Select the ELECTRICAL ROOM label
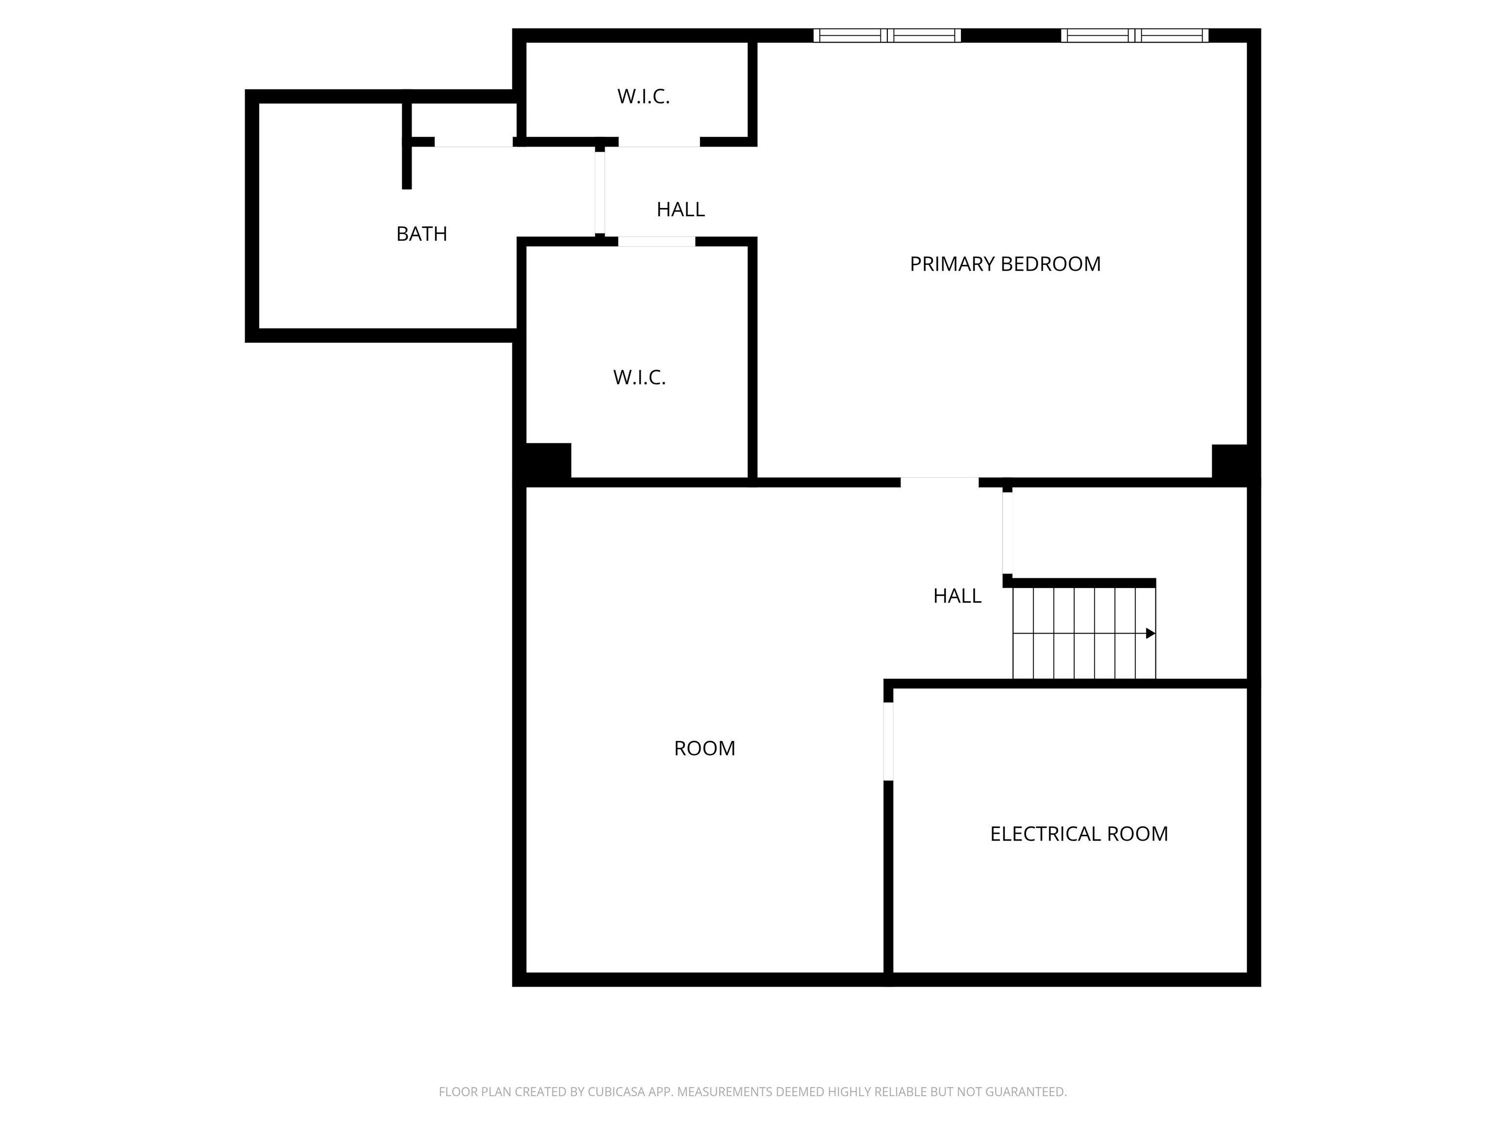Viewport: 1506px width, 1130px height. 1079,834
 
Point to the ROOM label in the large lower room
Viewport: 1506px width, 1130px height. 704,748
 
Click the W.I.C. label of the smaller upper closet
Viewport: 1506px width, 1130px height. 643,97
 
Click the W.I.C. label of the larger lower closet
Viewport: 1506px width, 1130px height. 639,377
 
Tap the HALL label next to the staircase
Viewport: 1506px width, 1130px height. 957,596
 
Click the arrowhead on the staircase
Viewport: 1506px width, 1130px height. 1151,634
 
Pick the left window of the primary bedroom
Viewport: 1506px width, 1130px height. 887,35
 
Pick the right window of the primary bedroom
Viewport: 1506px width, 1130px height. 1135,35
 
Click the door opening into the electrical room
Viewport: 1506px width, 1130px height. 888,741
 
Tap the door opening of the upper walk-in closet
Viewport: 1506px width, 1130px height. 659,142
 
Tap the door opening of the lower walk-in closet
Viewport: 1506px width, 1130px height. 656,241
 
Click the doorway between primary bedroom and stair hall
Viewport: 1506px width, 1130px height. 940,482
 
